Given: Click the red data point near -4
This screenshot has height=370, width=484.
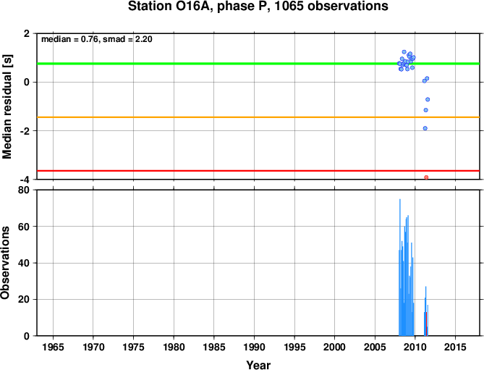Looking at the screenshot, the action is pos(426,177).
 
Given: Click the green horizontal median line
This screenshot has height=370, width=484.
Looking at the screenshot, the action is pos(258,64).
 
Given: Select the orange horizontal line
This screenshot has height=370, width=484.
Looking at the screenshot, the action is pos(258,117).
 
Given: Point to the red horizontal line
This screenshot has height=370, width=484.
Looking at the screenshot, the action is pos(258,170).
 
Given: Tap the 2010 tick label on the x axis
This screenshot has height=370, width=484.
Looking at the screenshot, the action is pos(415,347).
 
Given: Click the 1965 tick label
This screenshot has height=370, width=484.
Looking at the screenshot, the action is pos(53,347).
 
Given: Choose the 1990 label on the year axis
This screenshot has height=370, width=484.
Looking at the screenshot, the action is pos(254,347).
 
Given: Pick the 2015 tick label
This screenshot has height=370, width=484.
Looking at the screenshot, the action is pos(455,347).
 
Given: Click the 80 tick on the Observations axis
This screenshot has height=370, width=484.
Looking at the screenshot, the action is pos(24,190).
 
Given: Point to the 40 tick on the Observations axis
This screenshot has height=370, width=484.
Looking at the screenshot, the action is pos(24,263).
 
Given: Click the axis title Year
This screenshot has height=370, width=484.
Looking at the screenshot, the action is pos(258,365).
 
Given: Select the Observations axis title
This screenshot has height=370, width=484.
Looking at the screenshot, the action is pos(5,263).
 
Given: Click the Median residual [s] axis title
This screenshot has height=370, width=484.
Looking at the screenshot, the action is pos(7,106).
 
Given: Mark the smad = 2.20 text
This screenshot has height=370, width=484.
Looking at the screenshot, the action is pos(127,39).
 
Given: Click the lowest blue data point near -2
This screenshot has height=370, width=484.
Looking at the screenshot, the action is pos(425,128).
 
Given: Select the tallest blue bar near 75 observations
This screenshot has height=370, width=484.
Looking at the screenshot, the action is pos(400,267).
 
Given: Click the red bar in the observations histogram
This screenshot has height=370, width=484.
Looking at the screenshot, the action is pos(426,324).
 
